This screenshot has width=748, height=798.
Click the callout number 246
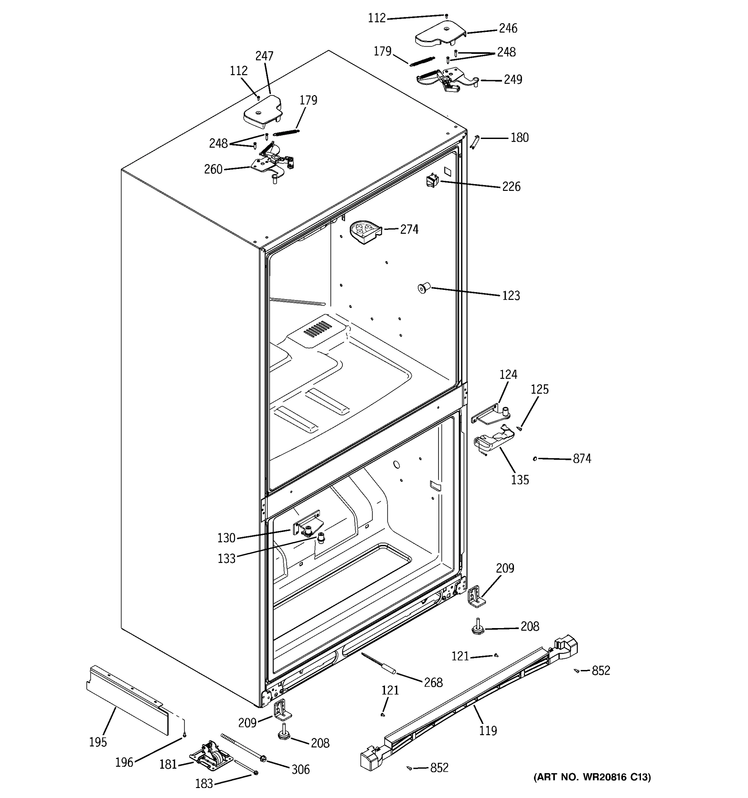[508, 28]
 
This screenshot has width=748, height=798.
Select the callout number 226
[511, 187]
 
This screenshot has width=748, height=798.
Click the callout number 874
[582, 459]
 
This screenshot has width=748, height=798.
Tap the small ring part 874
[535, 459]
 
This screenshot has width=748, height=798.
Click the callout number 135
[520, 480]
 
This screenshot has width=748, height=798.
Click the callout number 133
[226, 559]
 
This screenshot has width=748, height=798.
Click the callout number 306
[301, 769]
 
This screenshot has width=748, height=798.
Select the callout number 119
[488, 731]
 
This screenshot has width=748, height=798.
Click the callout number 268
[434, 682]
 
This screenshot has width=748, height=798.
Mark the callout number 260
[213, 169]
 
